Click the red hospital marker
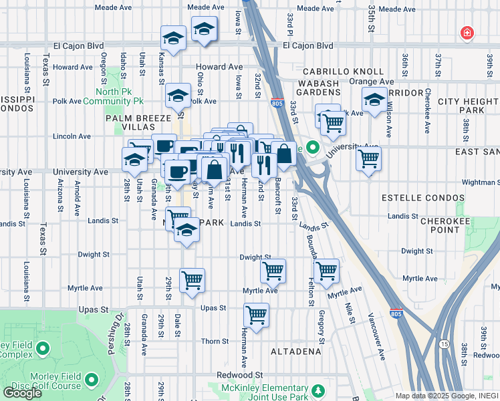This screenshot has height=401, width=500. click(467, 33)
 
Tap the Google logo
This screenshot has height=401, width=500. click(22, 393)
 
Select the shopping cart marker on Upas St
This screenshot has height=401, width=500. click(256, 314)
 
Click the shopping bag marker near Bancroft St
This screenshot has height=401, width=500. click(284, 154)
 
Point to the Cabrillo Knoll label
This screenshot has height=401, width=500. click(343, 72)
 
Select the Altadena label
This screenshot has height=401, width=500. click(296, 351)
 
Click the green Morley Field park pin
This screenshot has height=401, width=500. click(44, 349)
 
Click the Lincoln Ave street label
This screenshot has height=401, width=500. click(72, 136)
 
